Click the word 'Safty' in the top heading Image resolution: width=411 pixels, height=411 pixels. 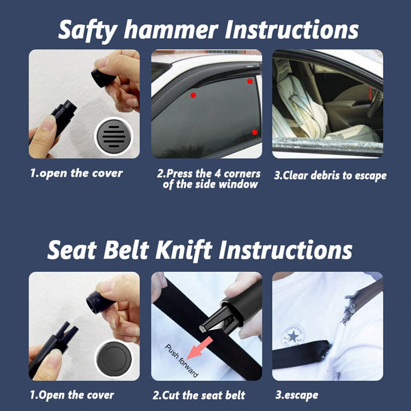point(87,30)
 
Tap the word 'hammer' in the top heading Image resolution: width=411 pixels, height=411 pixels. point(171,29)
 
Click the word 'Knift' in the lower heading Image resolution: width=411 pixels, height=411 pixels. point(184,250)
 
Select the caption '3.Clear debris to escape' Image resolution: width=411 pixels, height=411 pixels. point(330,175)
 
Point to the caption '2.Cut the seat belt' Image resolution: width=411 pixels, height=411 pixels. point(199,395)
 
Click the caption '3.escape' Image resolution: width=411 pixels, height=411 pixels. point(297,395)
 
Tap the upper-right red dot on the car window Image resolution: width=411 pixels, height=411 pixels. point(250,82)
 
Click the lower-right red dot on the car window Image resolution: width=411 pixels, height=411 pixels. point(254,132)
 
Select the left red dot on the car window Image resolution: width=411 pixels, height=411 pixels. point(193,95)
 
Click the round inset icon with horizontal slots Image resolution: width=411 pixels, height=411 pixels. point(114,136)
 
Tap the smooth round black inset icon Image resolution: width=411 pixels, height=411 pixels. point(114,359)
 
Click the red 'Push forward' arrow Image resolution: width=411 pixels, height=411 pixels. point(200,349)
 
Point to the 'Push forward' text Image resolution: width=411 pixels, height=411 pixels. point(182,361)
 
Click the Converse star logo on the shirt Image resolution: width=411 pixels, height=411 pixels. point(293,337)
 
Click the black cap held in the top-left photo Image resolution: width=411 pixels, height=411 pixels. point(103,77)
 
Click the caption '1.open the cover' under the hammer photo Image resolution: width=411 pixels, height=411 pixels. point(76,173)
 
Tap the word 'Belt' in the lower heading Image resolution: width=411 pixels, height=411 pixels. point(126,250)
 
